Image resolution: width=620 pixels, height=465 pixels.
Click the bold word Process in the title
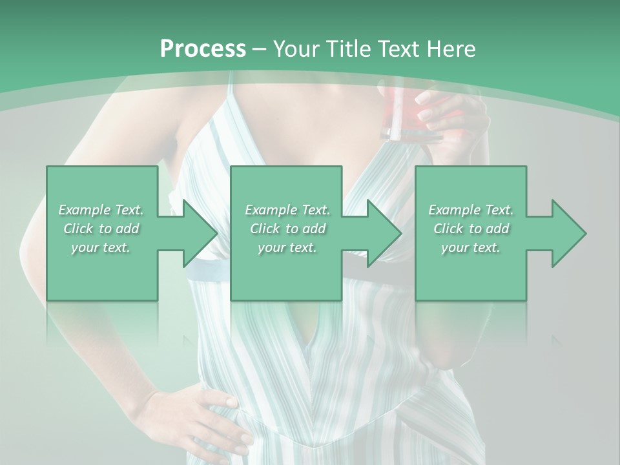[x=203, y=49]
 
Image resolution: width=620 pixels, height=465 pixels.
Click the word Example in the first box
[x=84, y=210]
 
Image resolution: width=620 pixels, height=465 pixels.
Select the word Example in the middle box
[x=271, y=210]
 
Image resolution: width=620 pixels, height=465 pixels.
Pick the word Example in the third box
[x=454, y=210]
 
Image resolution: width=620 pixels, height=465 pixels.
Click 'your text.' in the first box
[x=101, y=247]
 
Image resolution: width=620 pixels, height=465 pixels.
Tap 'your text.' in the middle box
[x=287, y=247]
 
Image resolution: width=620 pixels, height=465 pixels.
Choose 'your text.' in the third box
[x=471, y=247]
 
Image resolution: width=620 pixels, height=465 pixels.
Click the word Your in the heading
[x=296, y=49]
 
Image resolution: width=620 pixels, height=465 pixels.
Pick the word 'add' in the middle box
[x=314, y=229]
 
